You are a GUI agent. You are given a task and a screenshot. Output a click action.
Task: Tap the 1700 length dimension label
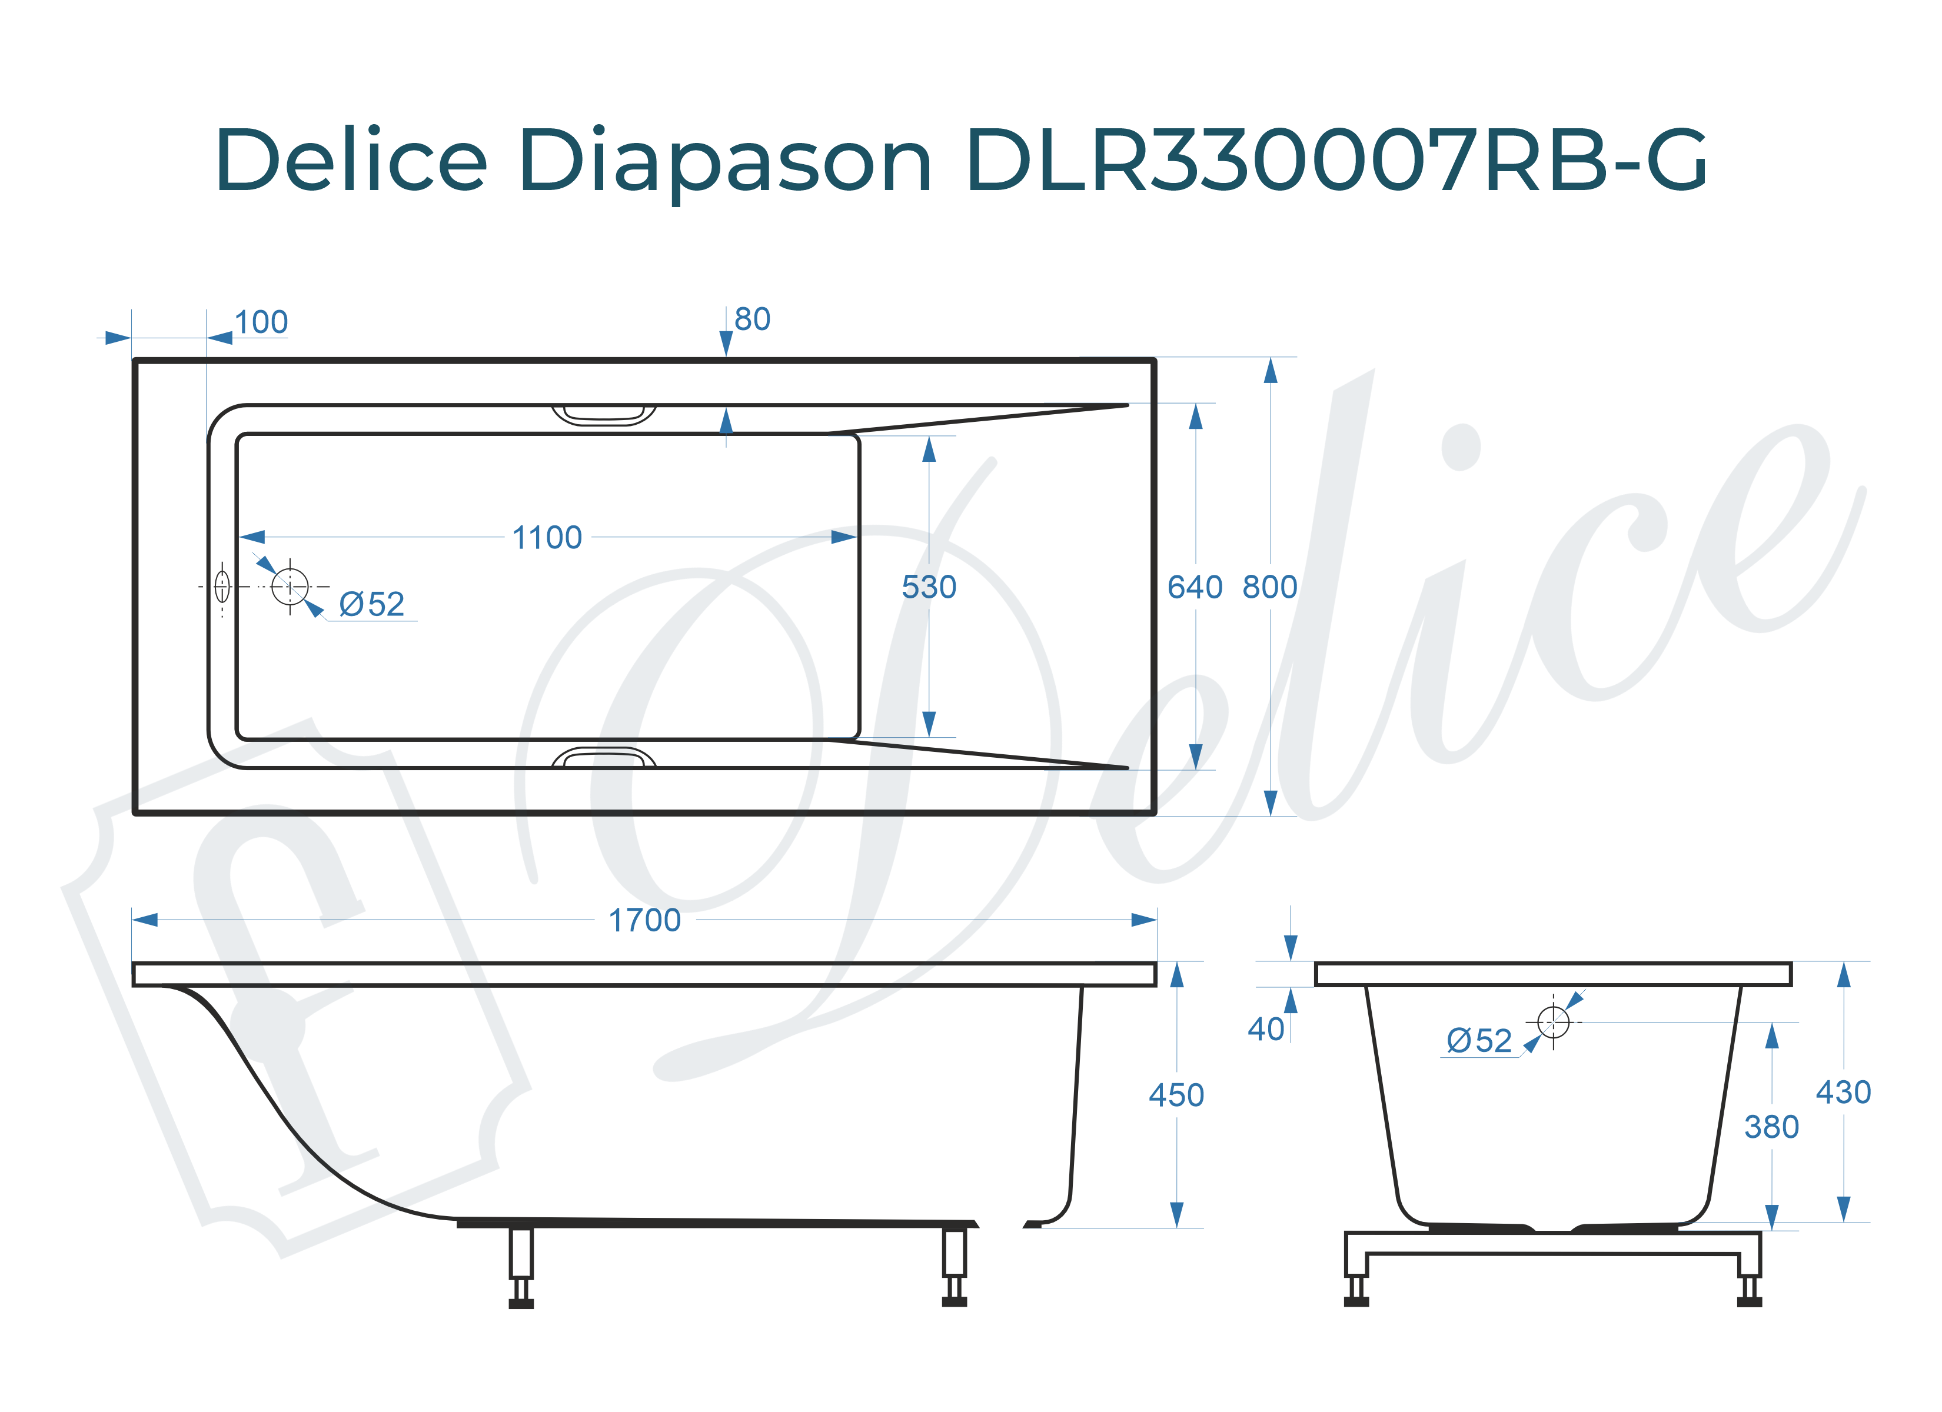(x=644, y=921)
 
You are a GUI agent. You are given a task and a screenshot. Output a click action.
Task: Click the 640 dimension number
(x=1195, y=587)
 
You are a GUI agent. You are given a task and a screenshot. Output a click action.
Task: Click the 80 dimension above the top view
(x=752, y=319)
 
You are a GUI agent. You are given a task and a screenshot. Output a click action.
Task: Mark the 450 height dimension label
(x=1176, y=1095)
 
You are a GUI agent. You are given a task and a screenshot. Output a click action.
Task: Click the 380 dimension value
(x=1771, y=1127)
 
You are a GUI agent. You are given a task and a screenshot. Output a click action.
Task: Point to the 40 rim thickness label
(x=1266, y=1029)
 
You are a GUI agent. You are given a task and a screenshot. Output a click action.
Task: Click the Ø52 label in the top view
(x=371, y=605)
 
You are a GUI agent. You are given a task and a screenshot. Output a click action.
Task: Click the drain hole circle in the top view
(x=290, y=587)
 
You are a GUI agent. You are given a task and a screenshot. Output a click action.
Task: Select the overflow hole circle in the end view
(x=1552, y=1021)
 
